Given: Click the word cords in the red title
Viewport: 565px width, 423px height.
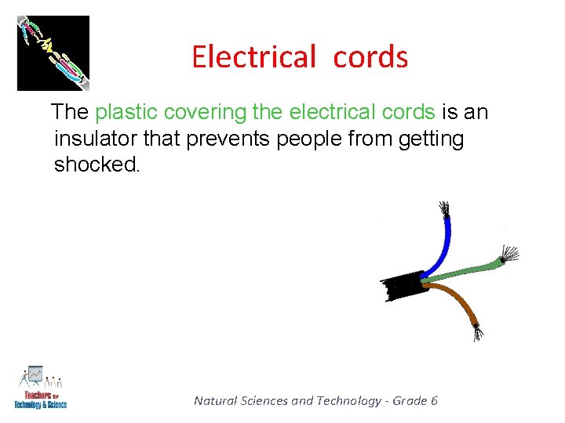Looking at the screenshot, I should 370,57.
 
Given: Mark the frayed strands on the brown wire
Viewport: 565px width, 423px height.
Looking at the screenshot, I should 478,331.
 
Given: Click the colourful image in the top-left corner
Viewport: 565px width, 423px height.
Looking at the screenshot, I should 53,53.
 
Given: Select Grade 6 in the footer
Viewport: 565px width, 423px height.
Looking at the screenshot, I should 415,400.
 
